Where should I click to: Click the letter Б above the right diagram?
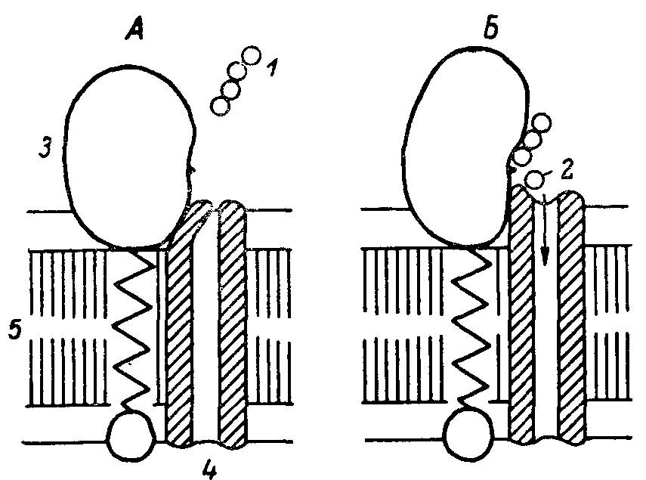coord(491,29)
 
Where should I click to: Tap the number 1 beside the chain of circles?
coord(271,67)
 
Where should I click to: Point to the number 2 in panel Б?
coord(567,169)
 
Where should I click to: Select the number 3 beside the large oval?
coord(45,148)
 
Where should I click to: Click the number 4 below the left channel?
coord(210,469)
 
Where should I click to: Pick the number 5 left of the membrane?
coord(15,330)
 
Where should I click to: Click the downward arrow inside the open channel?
coord(545,231)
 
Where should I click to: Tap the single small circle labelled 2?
coord(534,178)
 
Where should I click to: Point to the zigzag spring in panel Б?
coord(468,330)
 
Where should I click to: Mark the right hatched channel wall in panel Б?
coord(572,317)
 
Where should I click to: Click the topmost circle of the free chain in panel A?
coord(251,56)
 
